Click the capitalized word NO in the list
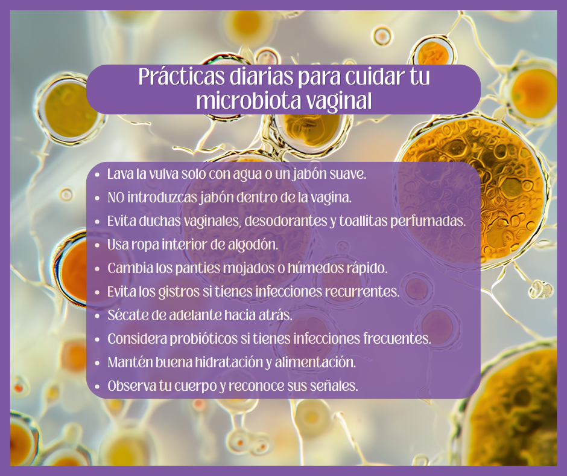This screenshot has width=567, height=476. pyautogui.click(x=115, y=198)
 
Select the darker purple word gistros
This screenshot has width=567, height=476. pyautogui.click(x=179, y=292)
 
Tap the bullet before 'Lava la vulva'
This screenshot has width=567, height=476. pyautogui.click(x=98, y=175)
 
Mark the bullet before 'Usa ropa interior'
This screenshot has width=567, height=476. pyautogui.click(x=98, y=245)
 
